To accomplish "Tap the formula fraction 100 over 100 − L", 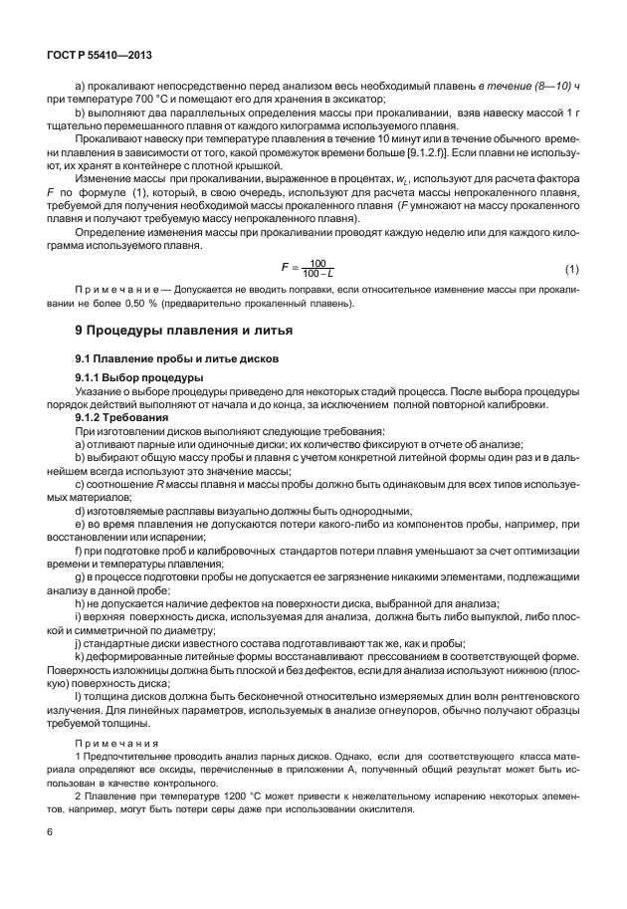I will pos(317,270).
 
